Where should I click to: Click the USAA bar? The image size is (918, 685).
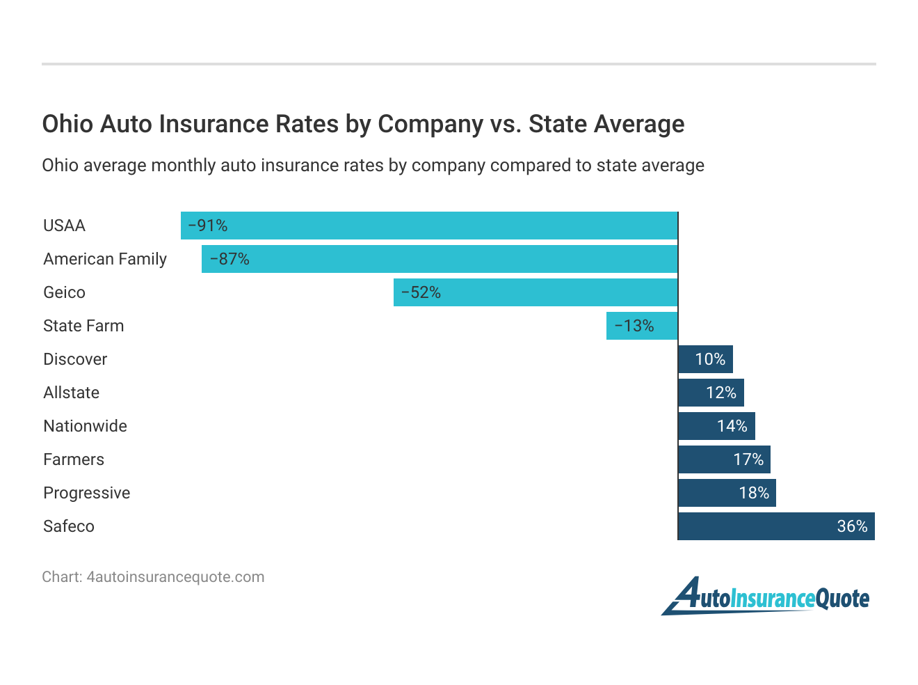pos(429,226)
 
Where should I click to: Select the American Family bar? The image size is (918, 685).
pos(440,259)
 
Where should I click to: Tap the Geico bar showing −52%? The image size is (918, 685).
pos(535,292)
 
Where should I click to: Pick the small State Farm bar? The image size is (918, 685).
pos(642,326)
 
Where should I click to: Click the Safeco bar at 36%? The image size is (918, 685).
pos(776,526)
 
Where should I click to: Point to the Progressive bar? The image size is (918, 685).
pos(727,493)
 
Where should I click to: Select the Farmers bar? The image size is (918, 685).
pos(724,459)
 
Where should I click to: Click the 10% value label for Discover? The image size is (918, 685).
pos(710,359)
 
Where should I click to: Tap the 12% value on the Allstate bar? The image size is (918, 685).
pos(721,393)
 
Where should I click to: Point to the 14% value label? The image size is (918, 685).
pos(732,426)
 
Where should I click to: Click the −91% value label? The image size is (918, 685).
pos(208,226)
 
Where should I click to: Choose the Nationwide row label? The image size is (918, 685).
pos(85,426)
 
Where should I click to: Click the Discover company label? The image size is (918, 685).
pos(75,359)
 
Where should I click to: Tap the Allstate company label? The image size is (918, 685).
pos(71,393)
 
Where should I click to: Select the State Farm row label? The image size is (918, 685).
pos(83,326)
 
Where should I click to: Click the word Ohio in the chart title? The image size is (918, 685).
pos(67,124)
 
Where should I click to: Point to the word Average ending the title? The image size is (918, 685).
pos(640,124)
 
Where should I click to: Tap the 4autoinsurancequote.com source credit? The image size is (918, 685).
pos(175,577)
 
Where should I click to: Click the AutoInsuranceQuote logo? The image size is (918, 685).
pos(765,597)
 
